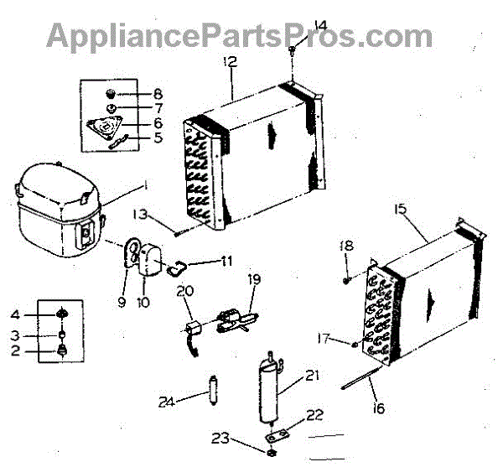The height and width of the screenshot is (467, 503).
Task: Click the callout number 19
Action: [254, 278]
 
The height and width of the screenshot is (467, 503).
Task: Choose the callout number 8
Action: [158, 94]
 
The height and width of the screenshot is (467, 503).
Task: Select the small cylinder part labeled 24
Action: [213, 391]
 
